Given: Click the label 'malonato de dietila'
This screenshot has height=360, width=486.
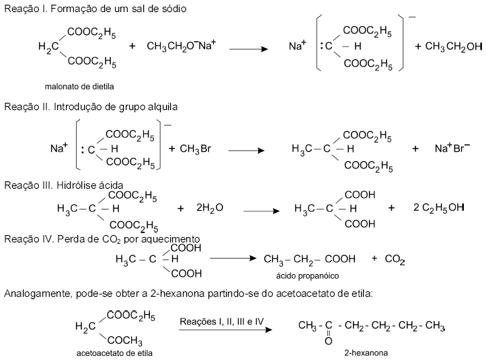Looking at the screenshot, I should coord(79,87).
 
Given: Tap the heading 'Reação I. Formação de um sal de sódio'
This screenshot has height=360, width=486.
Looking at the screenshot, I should coord(95,9).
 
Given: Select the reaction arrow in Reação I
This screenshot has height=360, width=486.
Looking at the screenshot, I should coord(249,48).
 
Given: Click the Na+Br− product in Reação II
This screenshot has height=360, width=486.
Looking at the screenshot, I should coord(452,148).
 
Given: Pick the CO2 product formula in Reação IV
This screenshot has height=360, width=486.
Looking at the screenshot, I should coord(395,259).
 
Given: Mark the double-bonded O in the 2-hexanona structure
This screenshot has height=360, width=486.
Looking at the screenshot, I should coord(328,341).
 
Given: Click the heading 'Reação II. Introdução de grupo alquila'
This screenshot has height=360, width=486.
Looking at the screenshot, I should coord(91,106).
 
